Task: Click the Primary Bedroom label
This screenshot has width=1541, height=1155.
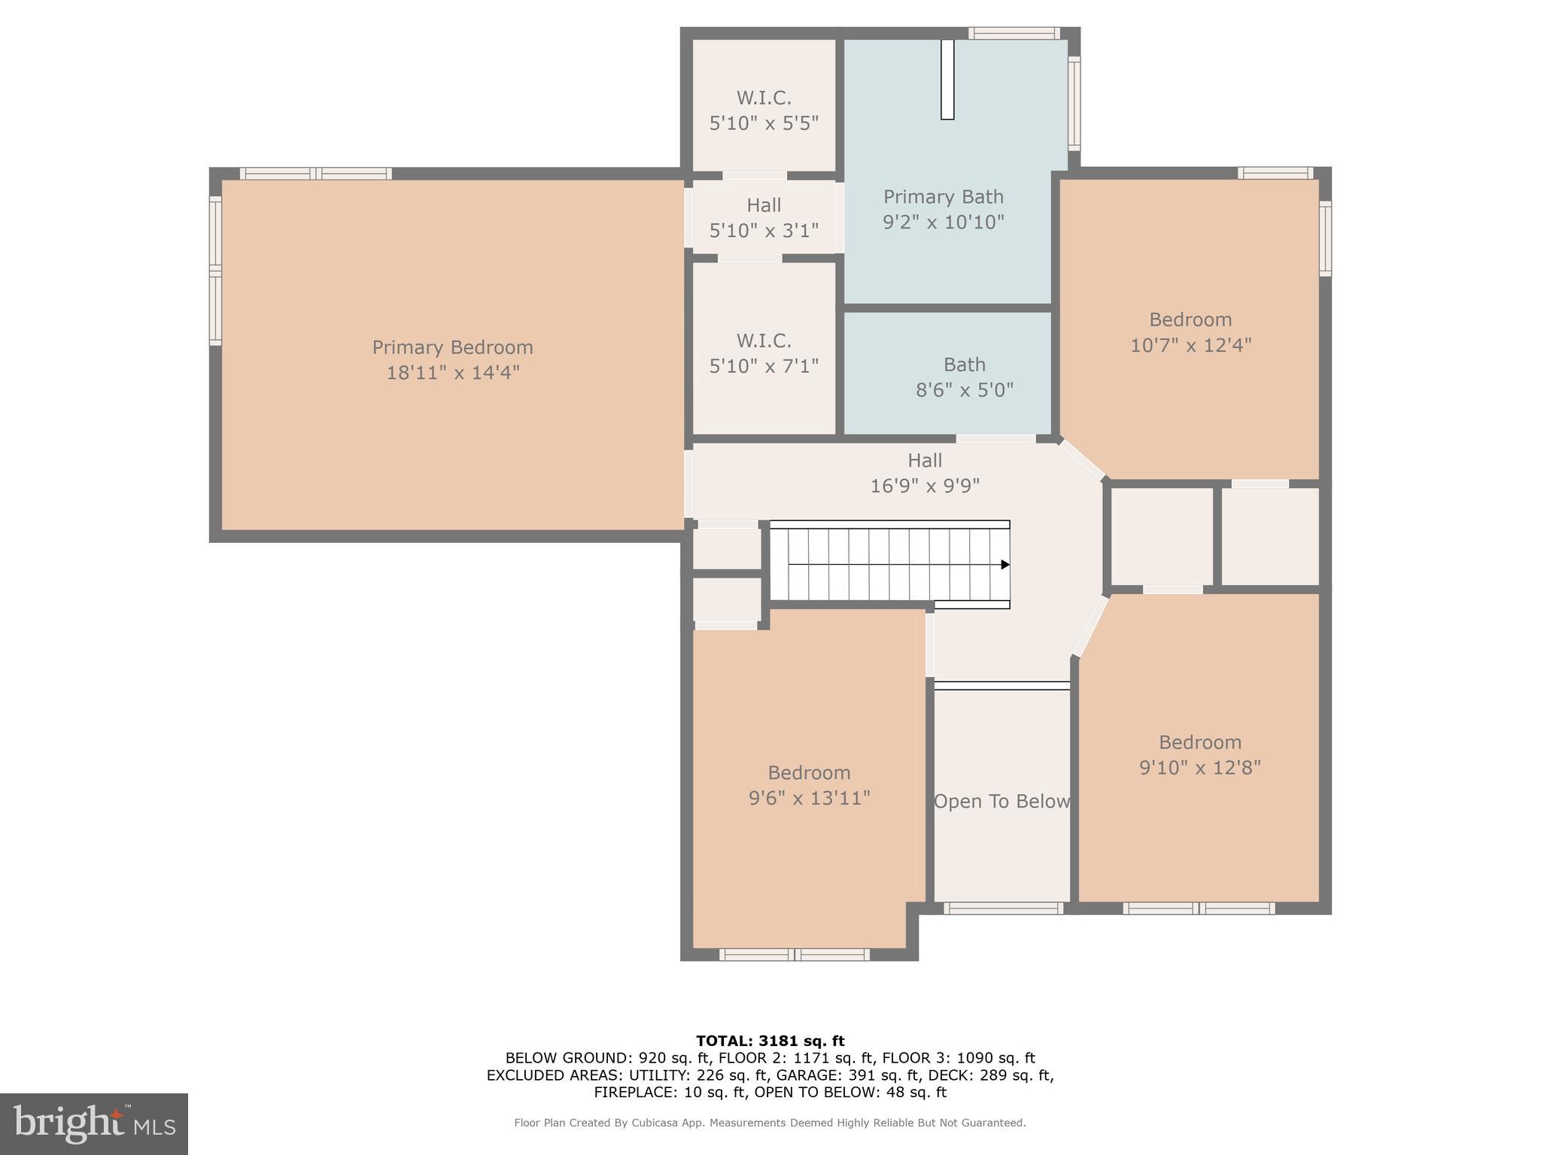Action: pyautogui.click(x=452, y=347)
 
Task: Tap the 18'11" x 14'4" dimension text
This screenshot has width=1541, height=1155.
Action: pyautogui.click(x=452, y=372)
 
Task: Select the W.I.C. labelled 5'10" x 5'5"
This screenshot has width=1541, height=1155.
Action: pyautogui.click(x=764, y=110)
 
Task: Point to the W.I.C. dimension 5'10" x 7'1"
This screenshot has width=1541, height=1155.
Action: pyautogui.click(x=764, y=366)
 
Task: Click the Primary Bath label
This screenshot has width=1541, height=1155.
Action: pyautogui.click(x=943, y=197)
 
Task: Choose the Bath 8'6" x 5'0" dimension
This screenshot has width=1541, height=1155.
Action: pyautogui.click(x=964, y=390)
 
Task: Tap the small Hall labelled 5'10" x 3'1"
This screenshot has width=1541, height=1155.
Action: pyautogui.click(x=764, y=217)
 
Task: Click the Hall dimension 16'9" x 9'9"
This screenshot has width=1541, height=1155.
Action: pyautogui.click(x=925, y=486)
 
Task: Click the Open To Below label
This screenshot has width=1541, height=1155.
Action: pyautogui.click(x=1001, y=802)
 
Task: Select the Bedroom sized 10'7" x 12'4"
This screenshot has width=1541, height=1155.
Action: pyautogui.click(x=1190, y=332)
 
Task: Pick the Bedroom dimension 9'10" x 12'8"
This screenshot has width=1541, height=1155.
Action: pyautogui.click(x=1199, y=768)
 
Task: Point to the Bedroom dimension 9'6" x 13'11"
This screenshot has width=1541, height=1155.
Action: pyautogui.click(x=809, y=798)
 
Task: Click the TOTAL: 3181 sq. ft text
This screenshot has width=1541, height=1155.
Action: pyautogui.click(x=770, y=1041)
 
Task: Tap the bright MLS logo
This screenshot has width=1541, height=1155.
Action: pyautogui.click(x=94, y=1123)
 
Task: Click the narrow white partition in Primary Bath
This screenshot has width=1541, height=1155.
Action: pyautogui.click(x=947, y=79)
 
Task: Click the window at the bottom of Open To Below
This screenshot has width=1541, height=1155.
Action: pyautogui.click(x=1003, y=908)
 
